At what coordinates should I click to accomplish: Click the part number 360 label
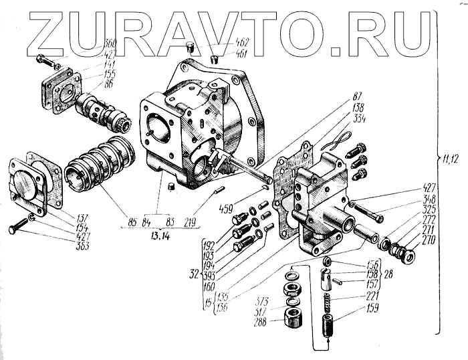[110, 43]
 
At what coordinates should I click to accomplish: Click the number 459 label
[226, 208]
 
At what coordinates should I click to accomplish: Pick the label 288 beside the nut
[259, 322]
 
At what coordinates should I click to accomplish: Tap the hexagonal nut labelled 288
[292, 317]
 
